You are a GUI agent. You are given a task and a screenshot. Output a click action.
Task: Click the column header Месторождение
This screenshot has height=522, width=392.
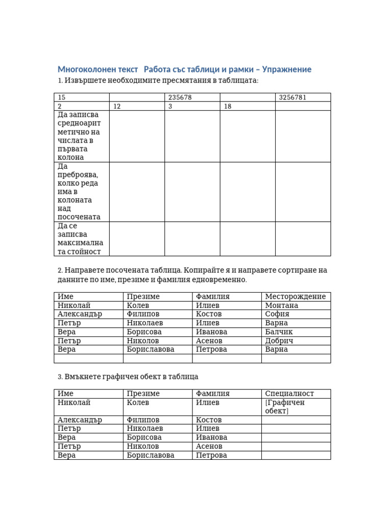tap(295, 297)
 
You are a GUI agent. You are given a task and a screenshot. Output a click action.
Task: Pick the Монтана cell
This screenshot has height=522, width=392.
tap(282, 305)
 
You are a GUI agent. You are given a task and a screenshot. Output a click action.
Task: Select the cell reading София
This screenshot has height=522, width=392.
tap(277, 314)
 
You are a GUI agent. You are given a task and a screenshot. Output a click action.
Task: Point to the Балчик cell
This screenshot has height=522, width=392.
tap(279, 332)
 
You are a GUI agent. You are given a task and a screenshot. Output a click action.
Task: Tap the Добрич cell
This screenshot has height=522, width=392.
tap(279, 341)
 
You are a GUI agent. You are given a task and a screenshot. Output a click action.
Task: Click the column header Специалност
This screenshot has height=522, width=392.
tap(289, 394)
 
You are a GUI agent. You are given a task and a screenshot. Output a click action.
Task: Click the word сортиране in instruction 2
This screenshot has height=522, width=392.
tap(290, 270)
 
